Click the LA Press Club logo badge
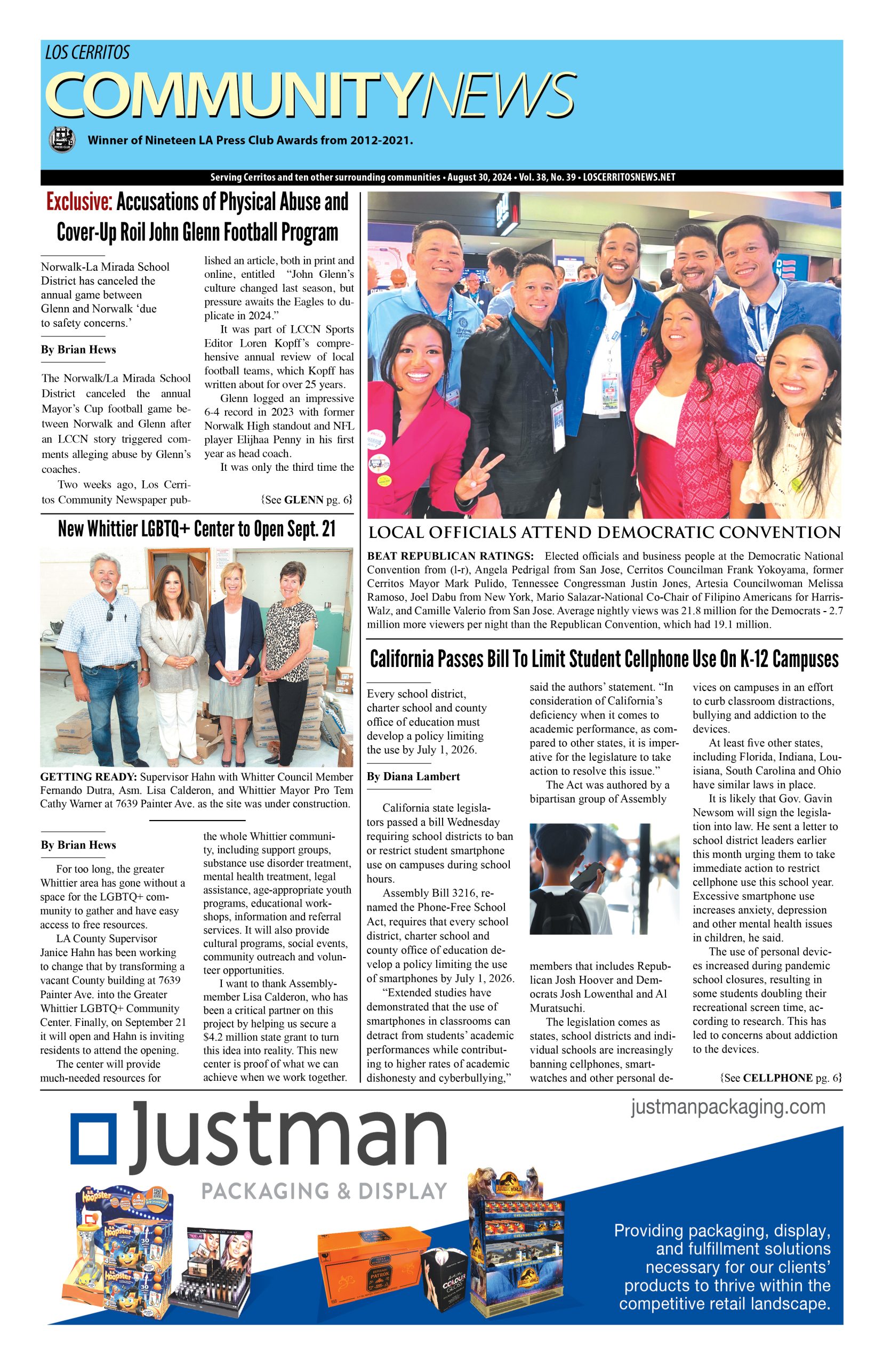[62, 139]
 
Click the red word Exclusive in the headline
[79, 203]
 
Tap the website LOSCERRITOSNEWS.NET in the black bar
[629, 178]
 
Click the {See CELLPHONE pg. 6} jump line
[781, 1078]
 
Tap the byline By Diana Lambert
[413, 777]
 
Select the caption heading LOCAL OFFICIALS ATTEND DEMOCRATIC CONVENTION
[604, 533]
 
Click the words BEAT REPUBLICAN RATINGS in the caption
[450, 556]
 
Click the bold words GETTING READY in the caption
[89, 777]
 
